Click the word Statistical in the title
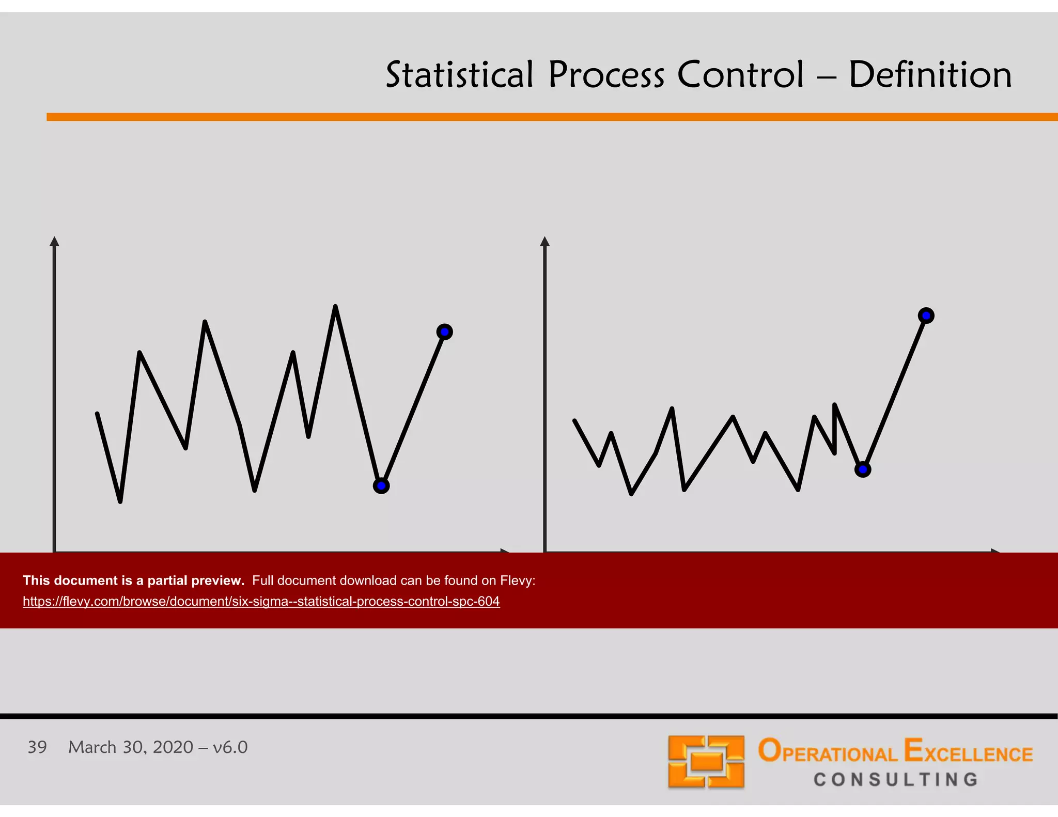point(459,75)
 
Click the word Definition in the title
point(930,75)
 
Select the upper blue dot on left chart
point(444,332)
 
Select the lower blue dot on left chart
point(381,485)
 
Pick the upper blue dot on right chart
point(926,316)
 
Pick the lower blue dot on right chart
point(863,469)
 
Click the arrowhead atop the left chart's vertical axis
point(54,241)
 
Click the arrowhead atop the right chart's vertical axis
point(544,241)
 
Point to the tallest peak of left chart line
point(335,307)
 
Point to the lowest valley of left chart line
point(120,500)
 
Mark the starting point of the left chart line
point(98,414)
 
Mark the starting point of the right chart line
point(575,421)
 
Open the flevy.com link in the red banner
point(261,601)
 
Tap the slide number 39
point(37,747)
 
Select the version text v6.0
point(230,747)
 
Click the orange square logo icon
point(706,762)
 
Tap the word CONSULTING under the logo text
point(896,779)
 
